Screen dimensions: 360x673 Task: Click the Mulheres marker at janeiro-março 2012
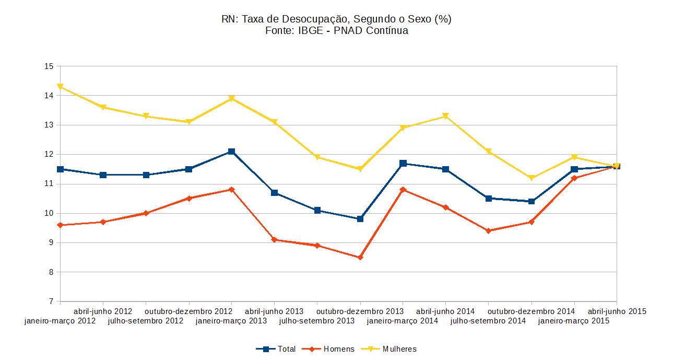(61, 87)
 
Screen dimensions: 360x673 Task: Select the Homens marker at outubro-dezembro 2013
(360, 258)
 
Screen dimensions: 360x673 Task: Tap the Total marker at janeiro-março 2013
(232, 152)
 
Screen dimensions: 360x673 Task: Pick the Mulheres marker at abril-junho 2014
(446, 116)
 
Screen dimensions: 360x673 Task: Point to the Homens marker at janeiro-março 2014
(403, 190)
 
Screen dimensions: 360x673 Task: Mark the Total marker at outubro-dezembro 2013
(360, 219)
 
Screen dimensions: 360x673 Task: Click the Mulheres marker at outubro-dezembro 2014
(532, 178)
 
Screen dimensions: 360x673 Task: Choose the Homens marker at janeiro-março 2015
(574, 178)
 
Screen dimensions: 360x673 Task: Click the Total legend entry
(276, 349)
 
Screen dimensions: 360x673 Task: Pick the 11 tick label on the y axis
(50, 184)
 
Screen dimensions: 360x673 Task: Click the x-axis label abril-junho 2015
(617, 311)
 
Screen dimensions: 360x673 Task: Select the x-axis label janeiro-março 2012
(60, 321)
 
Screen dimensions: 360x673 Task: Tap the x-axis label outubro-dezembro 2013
(360, 311)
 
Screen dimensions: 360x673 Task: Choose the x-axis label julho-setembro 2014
(488, 321)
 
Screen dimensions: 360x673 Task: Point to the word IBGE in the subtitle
(310, 31)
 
